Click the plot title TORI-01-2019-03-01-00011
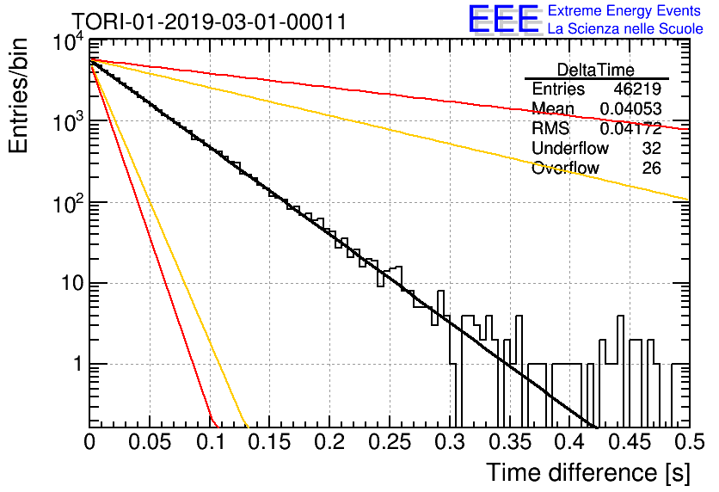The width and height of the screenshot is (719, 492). coord(209,22)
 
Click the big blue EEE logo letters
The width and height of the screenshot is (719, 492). coord(503,20)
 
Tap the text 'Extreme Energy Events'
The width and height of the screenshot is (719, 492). coord(624,10)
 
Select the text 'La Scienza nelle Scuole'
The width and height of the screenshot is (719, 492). coord(625,28)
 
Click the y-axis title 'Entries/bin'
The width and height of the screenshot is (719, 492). coord(18,95)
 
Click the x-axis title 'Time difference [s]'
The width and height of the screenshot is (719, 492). coord(588,473)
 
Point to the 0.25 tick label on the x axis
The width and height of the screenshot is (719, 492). coord(390,442)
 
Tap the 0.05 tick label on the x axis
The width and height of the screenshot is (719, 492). coord(150,442)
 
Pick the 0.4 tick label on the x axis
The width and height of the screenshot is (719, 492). coord(569,442)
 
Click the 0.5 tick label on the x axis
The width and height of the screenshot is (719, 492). coord(689,442)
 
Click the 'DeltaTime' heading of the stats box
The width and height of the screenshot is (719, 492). coord(596,70)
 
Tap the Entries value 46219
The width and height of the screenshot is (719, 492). coord(637,89)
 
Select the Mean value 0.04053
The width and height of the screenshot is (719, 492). coord(631,108)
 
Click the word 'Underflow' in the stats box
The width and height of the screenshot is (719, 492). coord(570,148)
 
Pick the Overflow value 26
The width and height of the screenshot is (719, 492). coord(652,168)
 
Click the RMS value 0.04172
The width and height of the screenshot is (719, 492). coord(631,128)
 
